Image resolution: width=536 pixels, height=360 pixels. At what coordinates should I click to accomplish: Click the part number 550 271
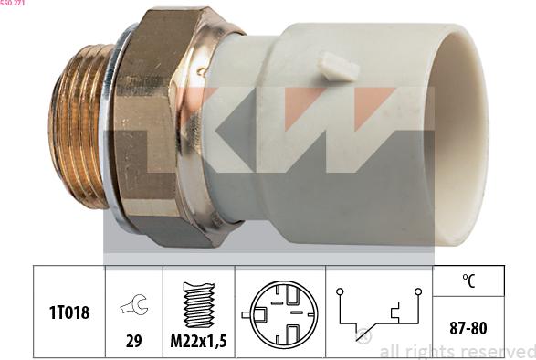(12, 3)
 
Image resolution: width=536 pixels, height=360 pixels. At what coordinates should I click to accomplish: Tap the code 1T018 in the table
(69, 312)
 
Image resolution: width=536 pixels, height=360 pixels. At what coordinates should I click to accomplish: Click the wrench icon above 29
(133, 304)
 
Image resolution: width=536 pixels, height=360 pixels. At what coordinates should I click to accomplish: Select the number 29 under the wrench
(133, 341)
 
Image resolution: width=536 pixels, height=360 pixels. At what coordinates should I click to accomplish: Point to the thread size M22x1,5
(199, 341)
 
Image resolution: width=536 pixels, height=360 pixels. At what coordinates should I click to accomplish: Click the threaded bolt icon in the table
(199, 305)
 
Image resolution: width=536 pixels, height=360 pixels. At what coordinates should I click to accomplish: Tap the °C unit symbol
(468, 281)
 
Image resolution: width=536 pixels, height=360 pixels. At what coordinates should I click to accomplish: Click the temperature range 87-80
(468, 328)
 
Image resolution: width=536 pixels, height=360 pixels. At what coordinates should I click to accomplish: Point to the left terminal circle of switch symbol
(340, 291)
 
